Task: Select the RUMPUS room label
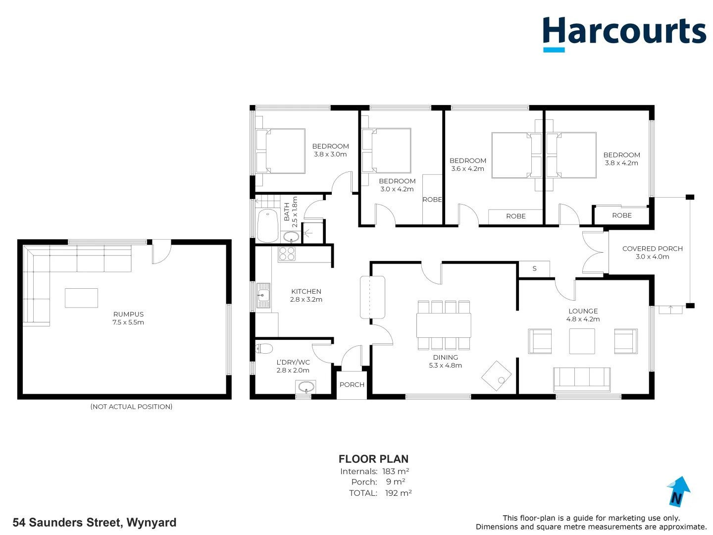[x=128, y=314]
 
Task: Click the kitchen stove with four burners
[x=287, y=254]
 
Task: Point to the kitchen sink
[x=263, y=296]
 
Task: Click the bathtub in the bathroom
[x=267, y=226]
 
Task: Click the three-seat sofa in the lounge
[x=582, y=379]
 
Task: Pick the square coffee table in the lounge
[x=582, y=341]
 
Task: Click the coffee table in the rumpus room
[x=81, y=298]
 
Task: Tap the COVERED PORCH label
[x=652, y=249]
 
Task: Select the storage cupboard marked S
[x=534, y=268]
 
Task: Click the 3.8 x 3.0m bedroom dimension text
[x=330, y=155]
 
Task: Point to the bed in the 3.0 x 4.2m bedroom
[x=387, y=151]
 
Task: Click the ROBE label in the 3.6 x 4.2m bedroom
[x=515, y=216]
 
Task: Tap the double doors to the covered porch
[x=594, y=252]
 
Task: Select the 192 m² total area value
[x=398, y=493]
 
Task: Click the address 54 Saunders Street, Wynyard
[x=95, y=523]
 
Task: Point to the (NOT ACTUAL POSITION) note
[x=131, y=407]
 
